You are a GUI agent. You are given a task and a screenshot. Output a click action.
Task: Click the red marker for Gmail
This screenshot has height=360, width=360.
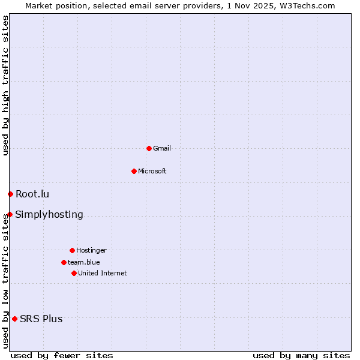(149, 148)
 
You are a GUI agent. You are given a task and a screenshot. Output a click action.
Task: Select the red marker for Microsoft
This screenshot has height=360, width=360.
(134, 171)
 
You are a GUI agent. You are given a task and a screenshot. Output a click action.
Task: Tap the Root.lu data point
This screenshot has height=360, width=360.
(10, 194)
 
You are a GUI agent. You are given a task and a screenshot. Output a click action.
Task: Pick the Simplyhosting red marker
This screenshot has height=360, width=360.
(10, 214)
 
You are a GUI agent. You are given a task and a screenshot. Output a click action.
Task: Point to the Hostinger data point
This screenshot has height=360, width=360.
(72, 250)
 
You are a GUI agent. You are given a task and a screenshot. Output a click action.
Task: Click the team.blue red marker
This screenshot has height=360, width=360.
(64, 262)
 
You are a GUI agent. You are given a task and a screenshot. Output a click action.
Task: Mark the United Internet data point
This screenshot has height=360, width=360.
(74, 273)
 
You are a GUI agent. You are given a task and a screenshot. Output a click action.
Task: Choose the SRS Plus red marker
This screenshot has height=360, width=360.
(14, 319)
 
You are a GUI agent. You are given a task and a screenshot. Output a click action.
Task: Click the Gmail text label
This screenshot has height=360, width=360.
(162, 148)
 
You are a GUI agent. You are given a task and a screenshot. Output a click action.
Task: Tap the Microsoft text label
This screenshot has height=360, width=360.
(152, 171)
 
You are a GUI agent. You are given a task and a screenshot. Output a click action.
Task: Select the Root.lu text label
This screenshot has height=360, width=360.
(32, 194)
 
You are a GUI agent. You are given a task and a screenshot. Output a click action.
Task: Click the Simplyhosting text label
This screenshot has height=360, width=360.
(49, 214)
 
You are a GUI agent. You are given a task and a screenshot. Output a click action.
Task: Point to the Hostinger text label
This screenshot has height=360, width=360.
(91, 250)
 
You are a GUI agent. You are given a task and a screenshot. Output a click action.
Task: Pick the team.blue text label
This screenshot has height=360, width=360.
(84, 262)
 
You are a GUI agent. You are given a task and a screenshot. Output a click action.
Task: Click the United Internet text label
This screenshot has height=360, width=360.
(103, 273)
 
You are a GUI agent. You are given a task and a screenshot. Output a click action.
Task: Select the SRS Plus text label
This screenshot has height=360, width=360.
(41, 319)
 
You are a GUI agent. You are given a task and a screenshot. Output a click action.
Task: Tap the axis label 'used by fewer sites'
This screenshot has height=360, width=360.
(62, 355)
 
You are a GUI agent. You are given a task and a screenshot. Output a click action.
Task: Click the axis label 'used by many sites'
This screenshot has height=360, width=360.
(301, 355)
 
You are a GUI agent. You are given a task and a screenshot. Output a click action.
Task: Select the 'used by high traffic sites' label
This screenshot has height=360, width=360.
(5, 85)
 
